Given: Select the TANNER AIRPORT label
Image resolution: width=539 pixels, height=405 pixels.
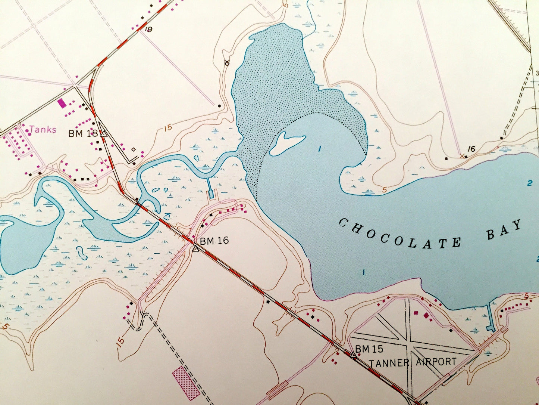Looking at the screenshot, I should (x=413, y=362).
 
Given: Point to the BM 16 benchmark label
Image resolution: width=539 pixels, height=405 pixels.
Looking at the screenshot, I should (x=214, y=241).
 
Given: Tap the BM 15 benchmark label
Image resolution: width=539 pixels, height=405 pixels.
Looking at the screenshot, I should (x=369, y=349).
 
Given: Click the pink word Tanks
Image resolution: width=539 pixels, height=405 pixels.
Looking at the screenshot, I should (x=43, y=130).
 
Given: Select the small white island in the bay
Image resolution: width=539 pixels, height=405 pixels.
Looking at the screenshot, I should (x=287, y=143).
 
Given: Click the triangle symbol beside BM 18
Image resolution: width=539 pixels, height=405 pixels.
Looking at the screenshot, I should (x=104, y=133).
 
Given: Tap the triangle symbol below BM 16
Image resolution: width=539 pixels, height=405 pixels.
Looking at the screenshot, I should (x=195, y=248).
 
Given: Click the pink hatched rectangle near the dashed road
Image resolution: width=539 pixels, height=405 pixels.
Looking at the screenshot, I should (x=186, y=383).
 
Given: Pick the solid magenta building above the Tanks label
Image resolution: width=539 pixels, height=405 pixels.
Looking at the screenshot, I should (x=62, y=103).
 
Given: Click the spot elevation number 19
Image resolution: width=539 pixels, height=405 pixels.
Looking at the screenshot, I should (x=148, y=30).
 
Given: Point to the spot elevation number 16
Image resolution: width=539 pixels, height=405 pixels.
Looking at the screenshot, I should (x=471, y=149).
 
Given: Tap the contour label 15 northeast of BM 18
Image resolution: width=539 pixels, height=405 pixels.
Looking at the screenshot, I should (x=168, y=127).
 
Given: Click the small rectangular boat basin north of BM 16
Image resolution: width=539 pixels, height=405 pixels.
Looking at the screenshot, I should (x=211, y=193).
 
